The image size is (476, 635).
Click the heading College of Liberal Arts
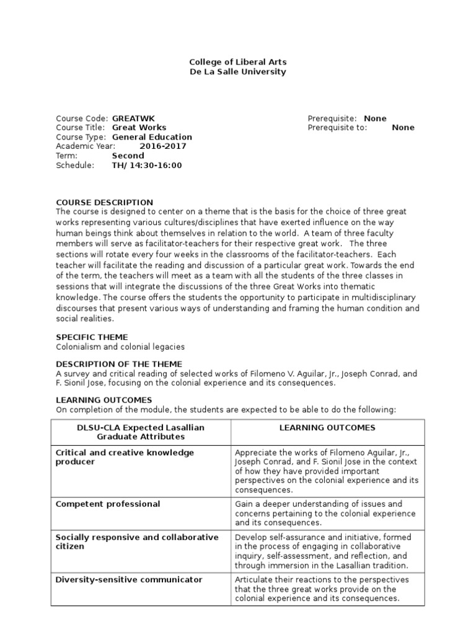coord(237,63)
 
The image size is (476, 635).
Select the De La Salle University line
coord(237,72)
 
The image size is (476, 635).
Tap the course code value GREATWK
coord(134,118)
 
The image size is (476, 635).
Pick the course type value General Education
coord(152,137)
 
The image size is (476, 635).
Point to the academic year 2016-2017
coord(163,146)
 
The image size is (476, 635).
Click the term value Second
coord(128,156)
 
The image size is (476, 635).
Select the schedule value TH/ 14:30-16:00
coord(147,165)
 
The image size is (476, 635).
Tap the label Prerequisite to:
coord(337,128)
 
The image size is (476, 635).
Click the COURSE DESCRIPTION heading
coord(104,202)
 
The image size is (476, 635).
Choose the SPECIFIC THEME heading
coord(92,337)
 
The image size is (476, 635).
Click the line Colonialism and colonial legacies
coord(120,347)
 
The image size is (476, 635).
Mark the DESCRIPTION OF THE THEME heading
coord(119,363)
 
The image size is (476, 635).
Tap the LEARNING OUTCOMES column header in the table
coord(327,428)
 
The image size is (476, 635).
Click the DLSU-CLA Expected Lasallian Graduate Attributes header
coord(140,432)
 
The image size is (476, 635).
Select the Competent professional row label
coord(108,504)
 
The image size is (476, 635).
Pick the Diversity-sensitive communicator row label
coord(129,580)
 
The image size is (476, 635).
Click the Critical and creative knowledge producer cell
coord(125,457)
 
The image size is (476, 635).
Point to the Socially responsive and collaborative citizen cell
coord(137,542)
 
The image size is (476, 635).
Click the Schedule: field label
coord(75,165)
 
